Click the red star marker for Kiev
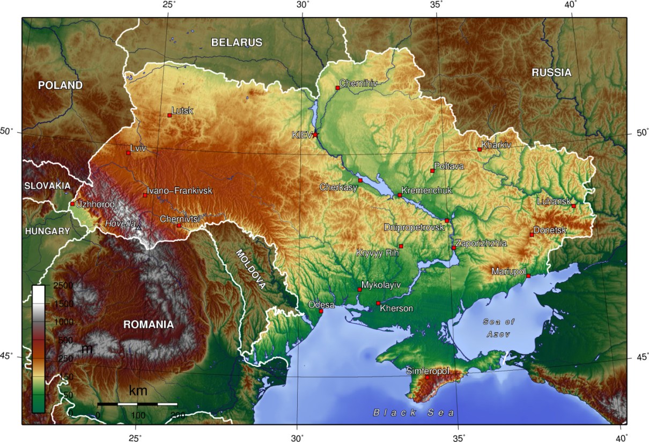[x=315, y=135]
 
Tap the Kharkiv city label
[x=496, y=145]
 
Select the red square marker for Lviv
[x=128, y=153]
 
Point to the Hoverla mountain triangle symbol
[x=138, y=228]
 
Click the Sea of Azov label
[x=498, y=328]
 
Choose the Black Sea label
[x=414, y=412]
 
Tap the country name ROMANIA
[x=149, y=325]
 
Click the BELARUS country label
[x=237, y=42]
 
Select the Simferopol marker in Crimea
[x=427, y=377]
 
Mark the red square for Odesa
[x=321, y=311]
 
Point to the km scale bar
[x=137, y=403]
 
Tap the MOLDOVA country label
[x=251, y=269]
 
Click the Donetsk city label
[x=550, y=230]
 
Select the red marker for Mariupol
[x=528, y=276]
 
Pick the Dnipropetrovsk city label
[x=414, y=227]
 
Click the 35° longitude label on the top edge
[x=437, y=5]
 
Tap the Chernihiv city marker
[x=337, y=87]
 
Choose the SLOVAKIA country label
[x=47, y=186]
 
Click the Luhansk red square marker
[x=573, y=206]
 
